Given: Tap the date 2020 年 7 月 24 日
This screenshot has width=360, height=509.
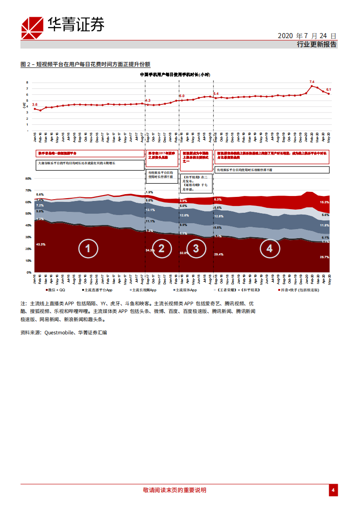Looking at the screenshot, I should [306, 36].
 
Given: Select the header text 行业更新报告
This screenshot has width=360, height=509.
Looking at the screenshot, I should [316, 44].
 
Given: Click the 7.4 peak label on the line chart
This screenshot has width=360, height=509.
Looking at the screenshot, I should [311, 82].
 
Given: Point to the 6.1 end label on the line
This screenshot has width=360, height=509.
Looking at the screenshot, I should [329, 89].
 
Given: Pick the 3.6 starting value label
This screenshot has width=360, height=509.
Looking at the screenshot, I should [35, 104].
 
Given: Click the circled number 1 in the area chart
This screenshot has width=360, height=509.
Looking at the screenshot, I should [88, 248].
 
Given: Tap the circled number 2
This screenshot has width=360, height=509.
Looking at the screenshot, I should [161, 248].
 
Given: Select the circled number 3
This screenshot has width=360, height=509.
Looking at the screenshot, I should [196, 248].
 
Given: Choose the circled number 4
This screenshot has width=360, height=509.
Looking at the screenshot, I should [269, 248].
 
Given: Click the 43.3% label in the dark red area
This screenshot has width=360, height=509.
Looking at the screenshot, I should [40, 245].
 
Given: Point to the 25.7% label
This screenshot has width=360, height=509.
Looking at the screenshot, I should [325, 257].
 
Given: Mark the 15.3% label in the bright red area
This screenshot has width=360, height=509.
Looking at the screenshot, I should [325, 202].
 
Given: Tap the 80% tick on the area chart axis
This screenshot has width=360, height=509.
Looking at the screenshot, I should [28, 179].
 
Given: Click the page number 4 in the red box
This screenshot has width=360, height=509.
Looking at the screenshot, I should [333, 490].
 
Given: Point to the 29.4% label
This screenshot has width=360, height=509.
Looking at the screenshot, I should [218, 254].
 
